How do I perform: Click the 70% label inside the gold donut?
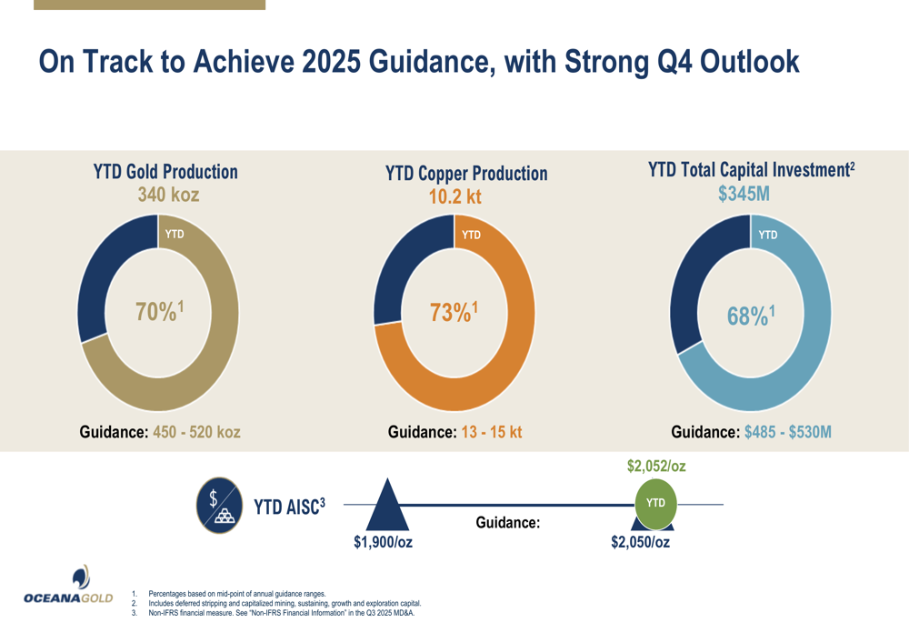coord(160,312)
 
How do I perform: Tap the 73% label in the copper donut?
coord(454,312)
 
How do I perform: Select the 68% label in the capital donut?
coord(751,316)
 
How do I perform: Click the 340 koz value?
coord(168,194)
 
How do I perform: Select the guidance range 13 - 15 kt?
coord(491,432)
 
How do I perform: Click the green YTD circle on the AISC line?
coord(655,503)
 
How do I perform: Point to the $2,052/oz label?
coord(656,467)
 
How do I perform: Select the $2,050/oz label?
coord(641,542)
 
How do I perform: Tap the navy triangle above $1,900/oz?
coord(387,507)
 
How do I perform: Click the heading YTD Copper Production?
coord(466,173)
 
